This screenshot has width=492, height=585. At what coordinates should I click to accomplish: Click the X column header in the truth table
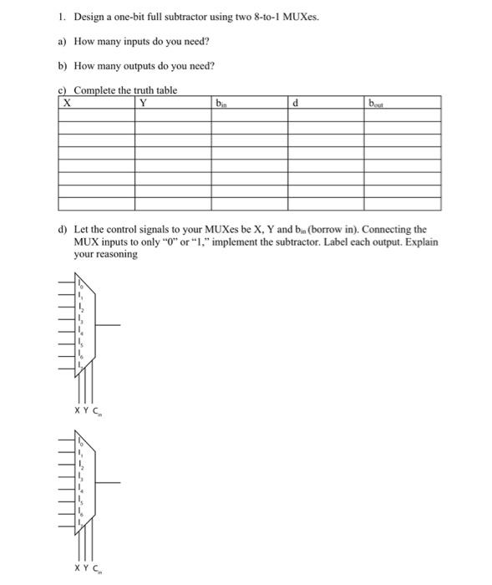66,104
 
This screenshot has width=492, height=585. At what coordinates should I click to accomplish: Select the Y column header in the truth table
144,104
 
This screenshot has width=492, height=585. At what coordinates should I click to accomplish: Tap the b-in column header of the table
220,104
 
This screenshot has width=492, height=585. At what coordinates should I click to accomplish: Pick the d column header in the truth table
296,104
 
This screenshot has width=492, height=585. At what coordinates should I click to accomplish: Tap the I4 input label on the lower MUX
81,486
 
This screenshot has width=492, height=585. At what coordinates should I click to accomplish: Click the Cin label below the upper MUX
94,410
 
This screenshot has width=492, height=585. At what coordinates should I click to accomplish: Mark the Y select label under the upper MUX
85,409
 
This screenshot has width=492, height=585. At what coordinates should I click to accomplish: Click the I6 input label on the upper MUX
81,354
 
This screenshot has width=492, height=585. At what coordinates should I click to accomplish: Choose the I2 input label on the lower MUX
81,463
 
